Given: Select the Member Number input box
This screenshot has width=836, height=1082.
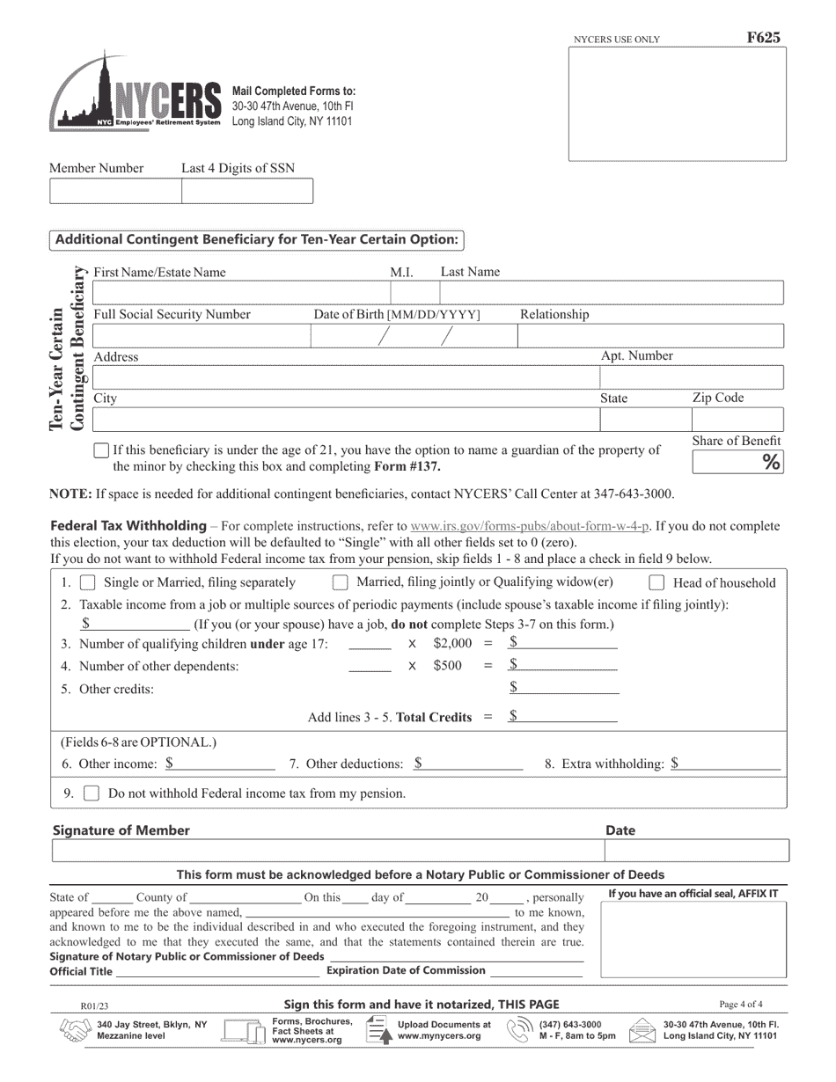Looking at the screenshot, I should [115, 191].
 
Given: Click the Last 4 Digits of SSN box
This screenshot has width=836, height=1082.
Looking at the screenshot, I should [246, 191].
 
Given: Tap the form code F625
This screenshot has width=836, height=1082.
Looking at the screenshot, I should [763, 38].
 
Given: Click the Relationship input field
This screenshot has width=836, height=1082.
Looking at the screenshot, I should [649, 336].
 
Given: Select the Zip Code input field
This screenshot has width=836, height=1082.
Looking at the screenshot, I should [736, 420].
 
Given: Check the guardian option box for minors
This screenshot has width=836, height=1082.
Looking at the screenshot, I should [101, 450].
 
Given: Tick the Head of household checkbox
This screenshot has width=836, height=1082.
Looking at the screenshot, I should [656, 582].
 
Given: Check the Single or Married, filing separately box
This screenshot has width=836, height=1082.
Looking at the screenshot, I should [88, 582].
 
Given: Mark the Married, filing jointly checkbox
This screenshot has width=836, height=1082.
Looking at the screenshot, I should [340, 582].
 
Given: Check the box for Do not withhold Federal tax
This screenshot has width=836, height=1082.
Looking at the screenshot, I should [91, 793].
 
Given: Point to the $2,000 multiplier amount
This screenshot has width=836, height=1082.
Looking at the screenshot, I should [452, 643].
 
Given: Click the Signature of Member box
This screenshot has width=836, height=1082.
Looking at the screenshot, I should [327, 851].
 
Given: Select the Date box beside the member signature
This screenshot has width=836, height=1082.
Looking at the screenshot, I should [696, 851].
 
